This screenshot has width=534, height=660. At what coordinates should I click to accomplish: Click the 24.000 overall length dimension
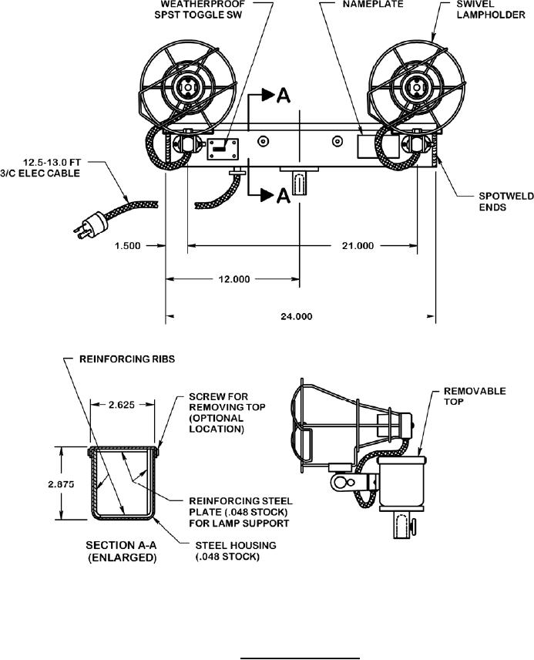[x=296, y=316]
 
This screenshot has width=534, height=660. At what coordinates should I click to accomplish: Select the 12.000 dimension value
[x=234, y=279]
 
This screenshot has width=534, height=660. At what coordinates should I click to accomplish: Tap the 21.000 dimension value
[x=358, y=245]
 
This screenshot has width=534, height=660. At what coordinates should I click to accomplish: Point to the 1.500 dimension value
[x=128, y=245]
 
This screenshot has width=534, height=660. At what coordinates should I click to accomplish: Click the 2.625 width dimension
[x=122, y=405]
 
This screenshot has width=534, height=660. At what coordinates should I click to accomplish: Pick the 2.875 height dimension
[x=61, y=484]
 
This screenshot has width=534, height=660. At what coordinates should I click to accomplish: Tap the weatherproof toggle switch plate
[x=223, y=149]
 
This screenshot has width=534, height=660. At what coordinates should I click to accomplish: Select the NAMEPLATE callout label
[x=373, y=4]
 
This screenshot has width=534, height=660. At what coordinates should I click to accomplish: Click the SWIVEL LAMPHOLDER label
[x=491, y=9]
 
